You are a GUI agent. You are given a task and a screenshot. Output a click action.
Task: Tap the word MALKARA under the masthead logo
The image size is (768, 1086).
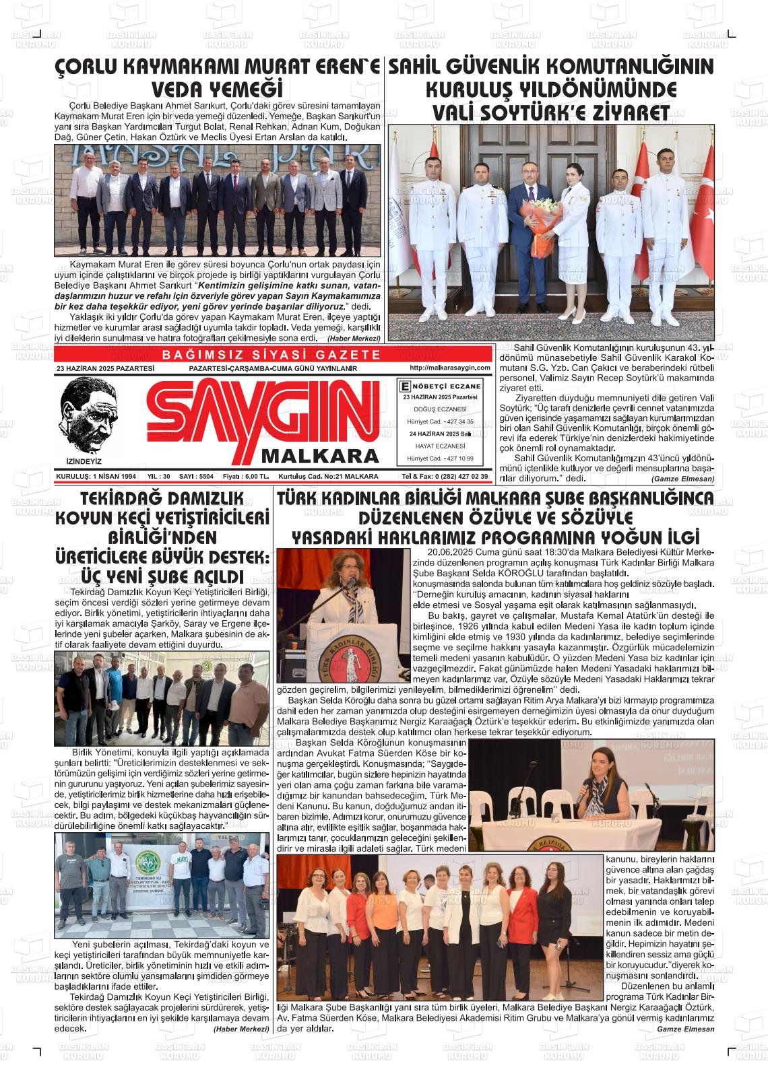click(x=320, y=456)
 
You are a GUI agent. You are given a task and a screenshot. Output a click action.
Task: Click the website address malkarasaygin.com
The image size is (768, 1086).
click(x=449, y=368)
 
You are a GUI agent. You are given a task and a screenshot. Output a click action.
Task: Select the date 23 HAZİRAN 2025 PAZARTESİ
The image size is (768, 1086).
click(x=106, y=368)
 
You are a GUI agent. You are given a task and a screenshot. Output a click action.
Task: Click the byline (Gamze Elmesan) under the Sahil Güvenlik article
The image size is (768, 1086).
click(x=682, y=479)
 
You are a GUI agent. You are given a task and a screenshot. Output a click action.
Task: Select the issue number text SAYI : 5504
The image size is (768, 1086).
click(x=196, y=476)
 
